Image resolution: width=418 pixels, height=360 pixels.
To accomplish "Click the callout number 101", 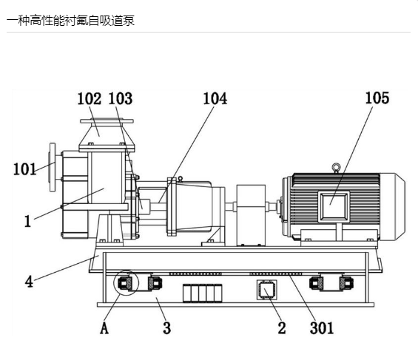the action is (x=24, y=169).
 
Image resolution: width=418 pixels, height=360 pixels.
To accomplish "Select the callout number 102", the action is (x=90, y=98).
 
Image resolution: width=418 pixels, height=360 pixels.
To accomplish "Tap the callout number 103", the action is (x=121, y=98).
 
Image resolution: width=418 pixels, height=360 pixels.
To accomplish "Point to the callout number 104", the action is (x=215, y=98).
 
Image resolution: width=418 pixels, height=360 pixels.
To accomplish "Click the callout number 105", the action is (x=377, y=98).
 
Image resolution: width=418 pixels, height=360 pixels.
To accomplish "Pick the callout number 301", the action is (x=322, y=327).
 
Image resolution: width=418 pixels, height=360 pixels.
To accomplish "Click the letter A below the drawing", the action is (x=104, y=327).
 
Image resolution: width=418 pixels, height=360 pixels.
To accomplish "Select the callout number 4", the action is (x=29, y=282).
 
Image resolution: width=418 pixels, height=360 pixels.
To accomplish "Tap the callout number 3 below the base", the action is (x=167, y=327).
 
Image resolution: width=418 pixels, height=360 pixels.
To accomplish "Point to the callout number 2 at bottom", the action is (x=282, y=327).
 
